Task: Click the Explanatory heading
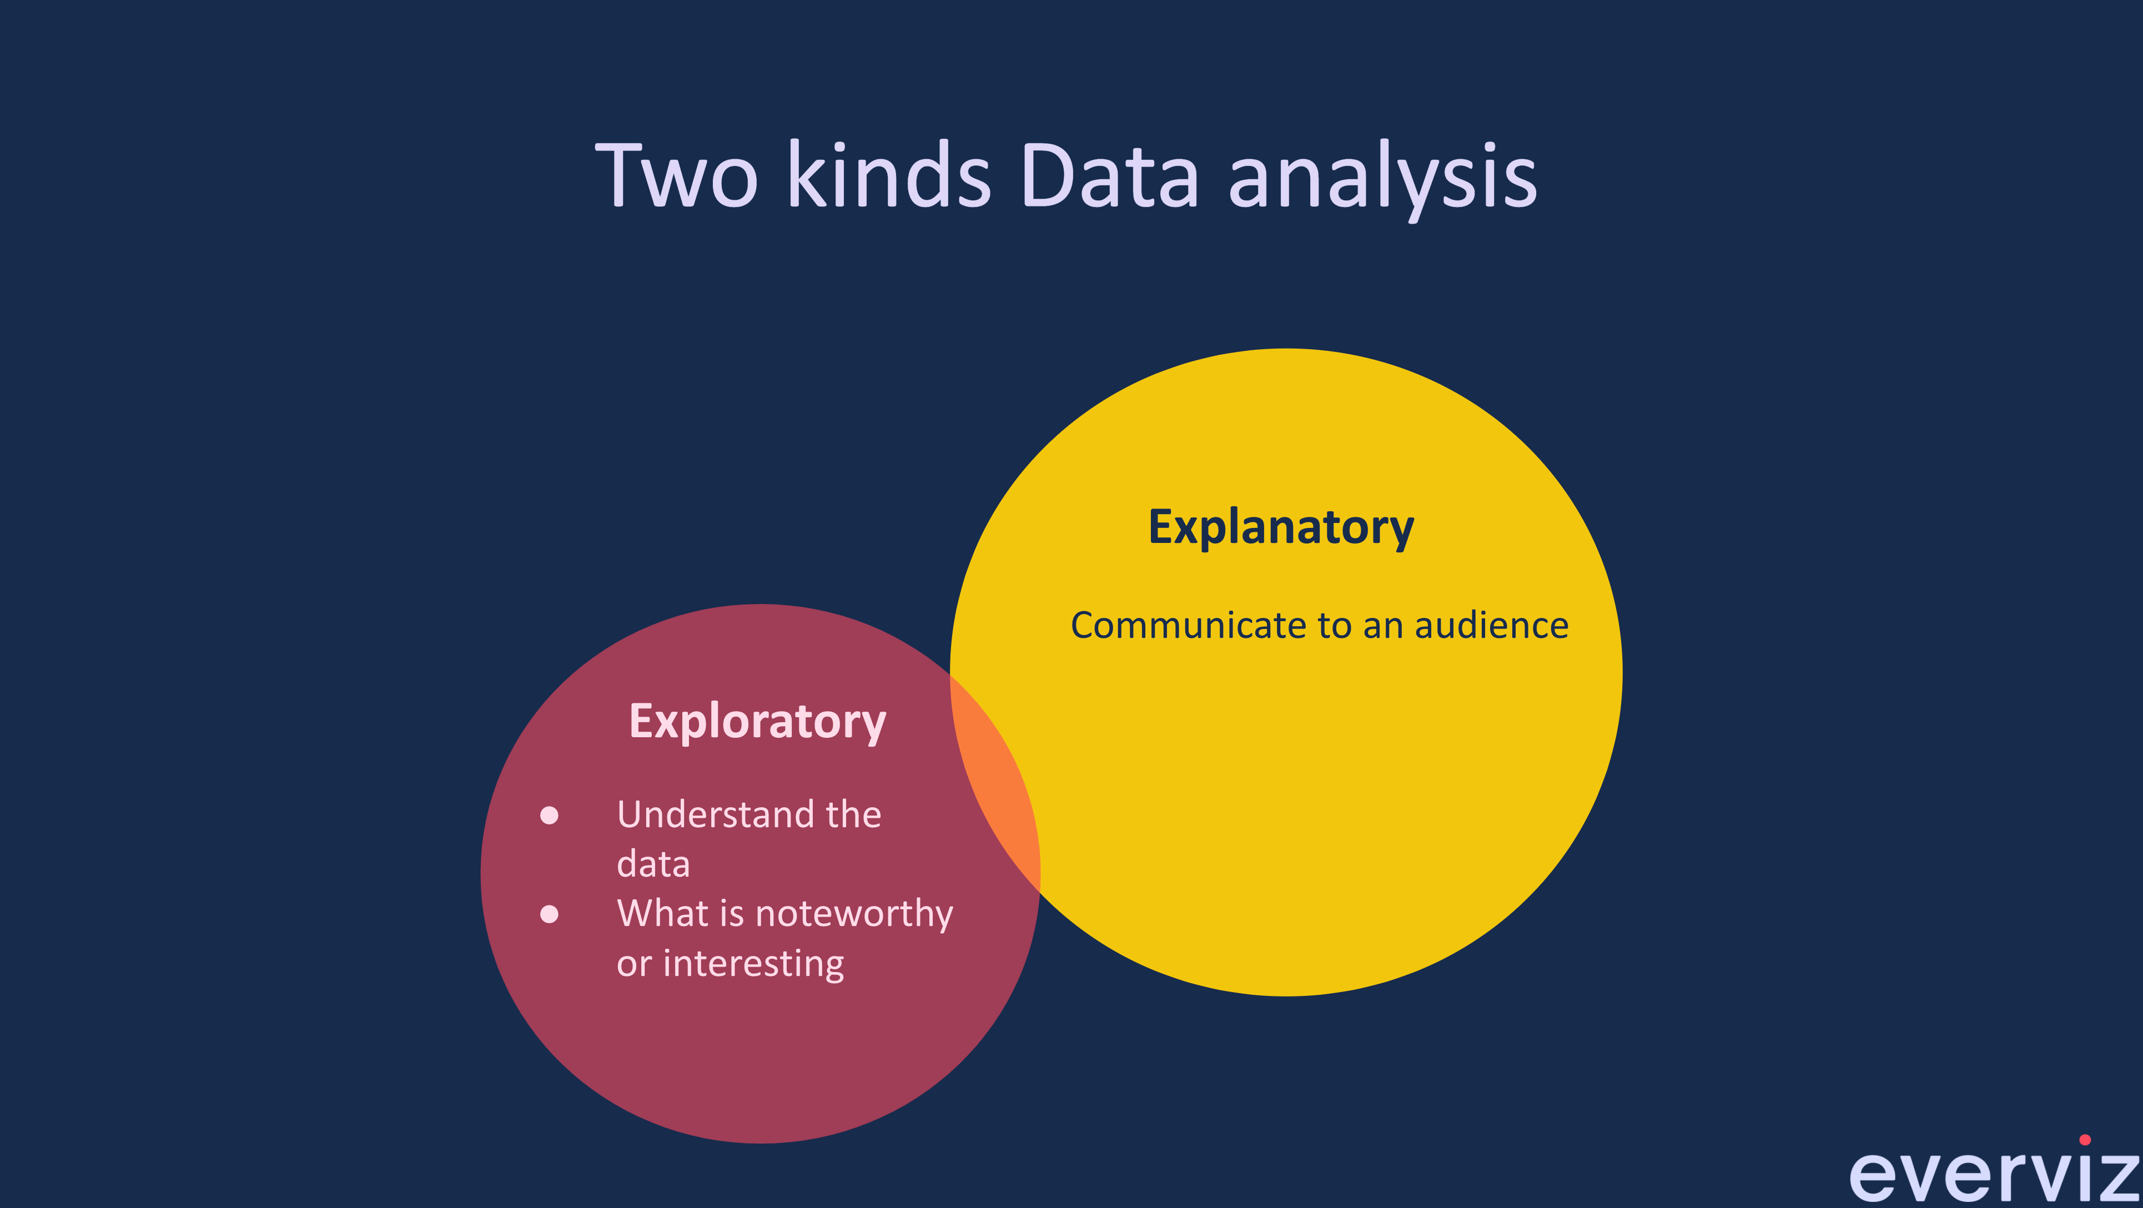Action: point(1281,527)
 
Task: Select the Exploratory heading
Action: point(757,721)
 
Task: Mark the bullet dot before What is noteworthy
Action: point(549,914)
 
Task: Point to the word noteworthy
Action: point(854,914)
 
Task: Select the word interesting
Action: point(754,964)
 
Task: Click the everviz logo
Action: point(1993,1175)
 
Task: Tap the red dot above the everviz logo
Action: point(2085,1140)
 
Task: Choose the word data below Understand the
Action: point(653,864)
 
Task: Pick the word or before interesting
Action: point(634,965)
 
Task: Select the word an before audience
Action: point(1382,626)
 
